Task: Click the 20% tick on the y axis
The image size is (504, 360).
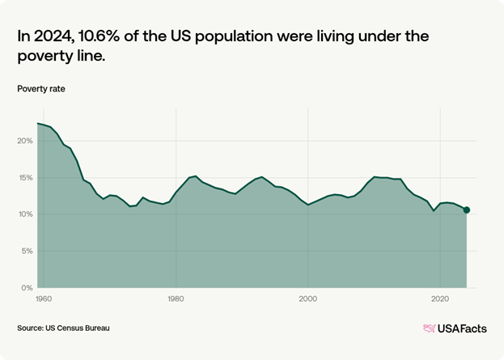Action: point(24,141)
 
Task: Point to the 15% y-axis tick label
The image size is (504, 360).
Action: point(24,177)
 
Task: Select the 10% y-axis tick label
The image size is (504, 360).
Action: point(24,214)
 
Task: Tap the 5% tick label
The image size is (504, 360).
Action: point(26,251)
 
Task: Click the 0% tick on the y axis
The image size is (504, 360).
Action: point(26,287)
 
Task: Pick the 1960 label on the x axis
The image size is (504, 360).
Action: point(44,299)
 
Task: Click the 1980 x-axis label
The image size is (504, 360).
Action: point(176,299)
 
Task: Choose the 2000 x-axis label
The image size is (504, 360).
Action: point(307,299)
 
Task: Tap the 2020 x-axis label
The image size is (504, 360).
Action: point(439,299)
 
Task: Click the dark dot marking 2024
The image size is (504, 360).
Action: point(466,210)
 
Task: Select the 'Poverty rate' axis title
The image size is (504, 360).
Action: point(40,88)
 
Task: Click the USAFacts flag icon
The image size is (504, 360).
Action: point(430,328)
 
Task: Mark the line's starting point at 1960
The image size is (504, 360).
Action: point(37,123)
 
